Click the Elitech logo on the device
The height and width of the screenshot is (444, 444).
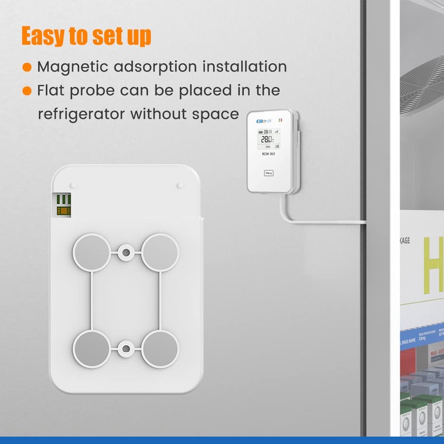coord(263,120)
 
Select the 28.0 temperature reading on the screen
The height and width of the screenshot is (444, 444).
coord(267,139)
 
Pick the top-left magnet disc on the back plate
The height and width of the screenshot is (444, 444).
coord(92,252)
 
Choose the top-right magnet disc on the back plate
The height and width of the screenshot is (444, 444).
coord(160,252)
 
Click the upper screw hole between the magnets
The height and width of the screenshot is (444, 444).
coord(127,253)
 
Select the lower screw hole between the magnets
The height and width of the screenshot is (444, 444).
coord(127,349)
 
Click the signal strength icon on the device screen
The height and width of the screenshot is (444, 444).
coord(276,132)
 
